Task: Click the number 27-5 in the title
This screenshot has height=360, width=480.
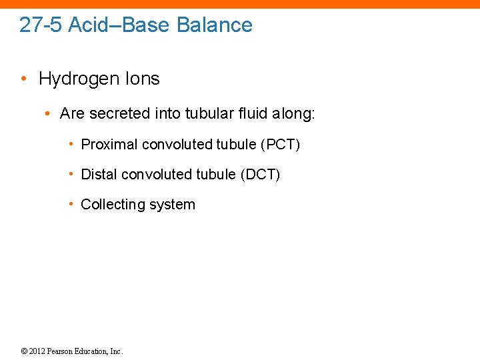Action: pos(41,25)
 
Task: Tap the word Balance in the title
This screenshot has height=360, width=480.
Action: pos(215,25)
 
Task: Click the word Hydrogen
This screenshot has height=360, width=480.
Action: pos(79,79)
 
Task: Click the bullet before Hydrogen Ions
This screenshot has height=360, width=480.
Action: pos(23,79)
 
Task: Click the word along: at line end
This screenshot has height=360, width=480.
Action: pos(293,114)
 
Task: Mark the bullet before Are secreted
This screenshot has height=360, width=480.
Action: pos(49,114)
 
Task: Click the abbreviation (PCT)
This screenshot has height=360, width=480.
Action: pos(281,145)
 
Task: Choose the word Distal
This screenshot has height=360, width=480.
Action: pos(99,175)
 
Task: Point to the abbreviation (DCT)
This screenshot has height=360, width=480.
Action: pos(260,175)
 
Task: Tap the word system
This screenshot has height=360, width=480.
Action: pos(173,205)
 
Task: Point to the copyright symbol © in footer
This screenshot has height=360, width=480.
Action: pos(25,351)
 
